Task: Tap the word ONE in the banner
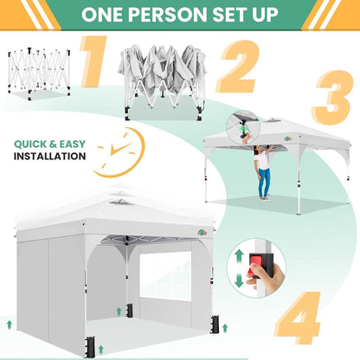[102, 15]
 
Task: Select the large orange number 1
[93, 61]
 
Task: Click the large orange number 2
[237, 67]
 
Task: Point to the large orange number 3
[332, 98]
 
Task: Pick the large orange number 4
[298, 318]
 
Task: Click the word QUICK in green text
[30, 144]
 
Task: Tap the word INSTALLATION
[50, 157]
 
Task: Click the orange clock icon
[119, 152]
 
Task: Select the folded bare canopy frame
[39, 74]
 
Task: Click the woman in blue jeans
[263, 172]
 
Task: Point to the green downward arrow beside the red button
[239, 280]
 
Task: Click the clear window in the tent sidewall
[165, 276]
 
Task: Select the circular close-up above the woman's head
[243, 127]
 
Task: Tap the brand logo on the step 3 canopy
[287, 138]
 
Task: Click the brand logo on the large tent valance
[202, 232]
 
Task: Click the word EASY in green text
[73, 144]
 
